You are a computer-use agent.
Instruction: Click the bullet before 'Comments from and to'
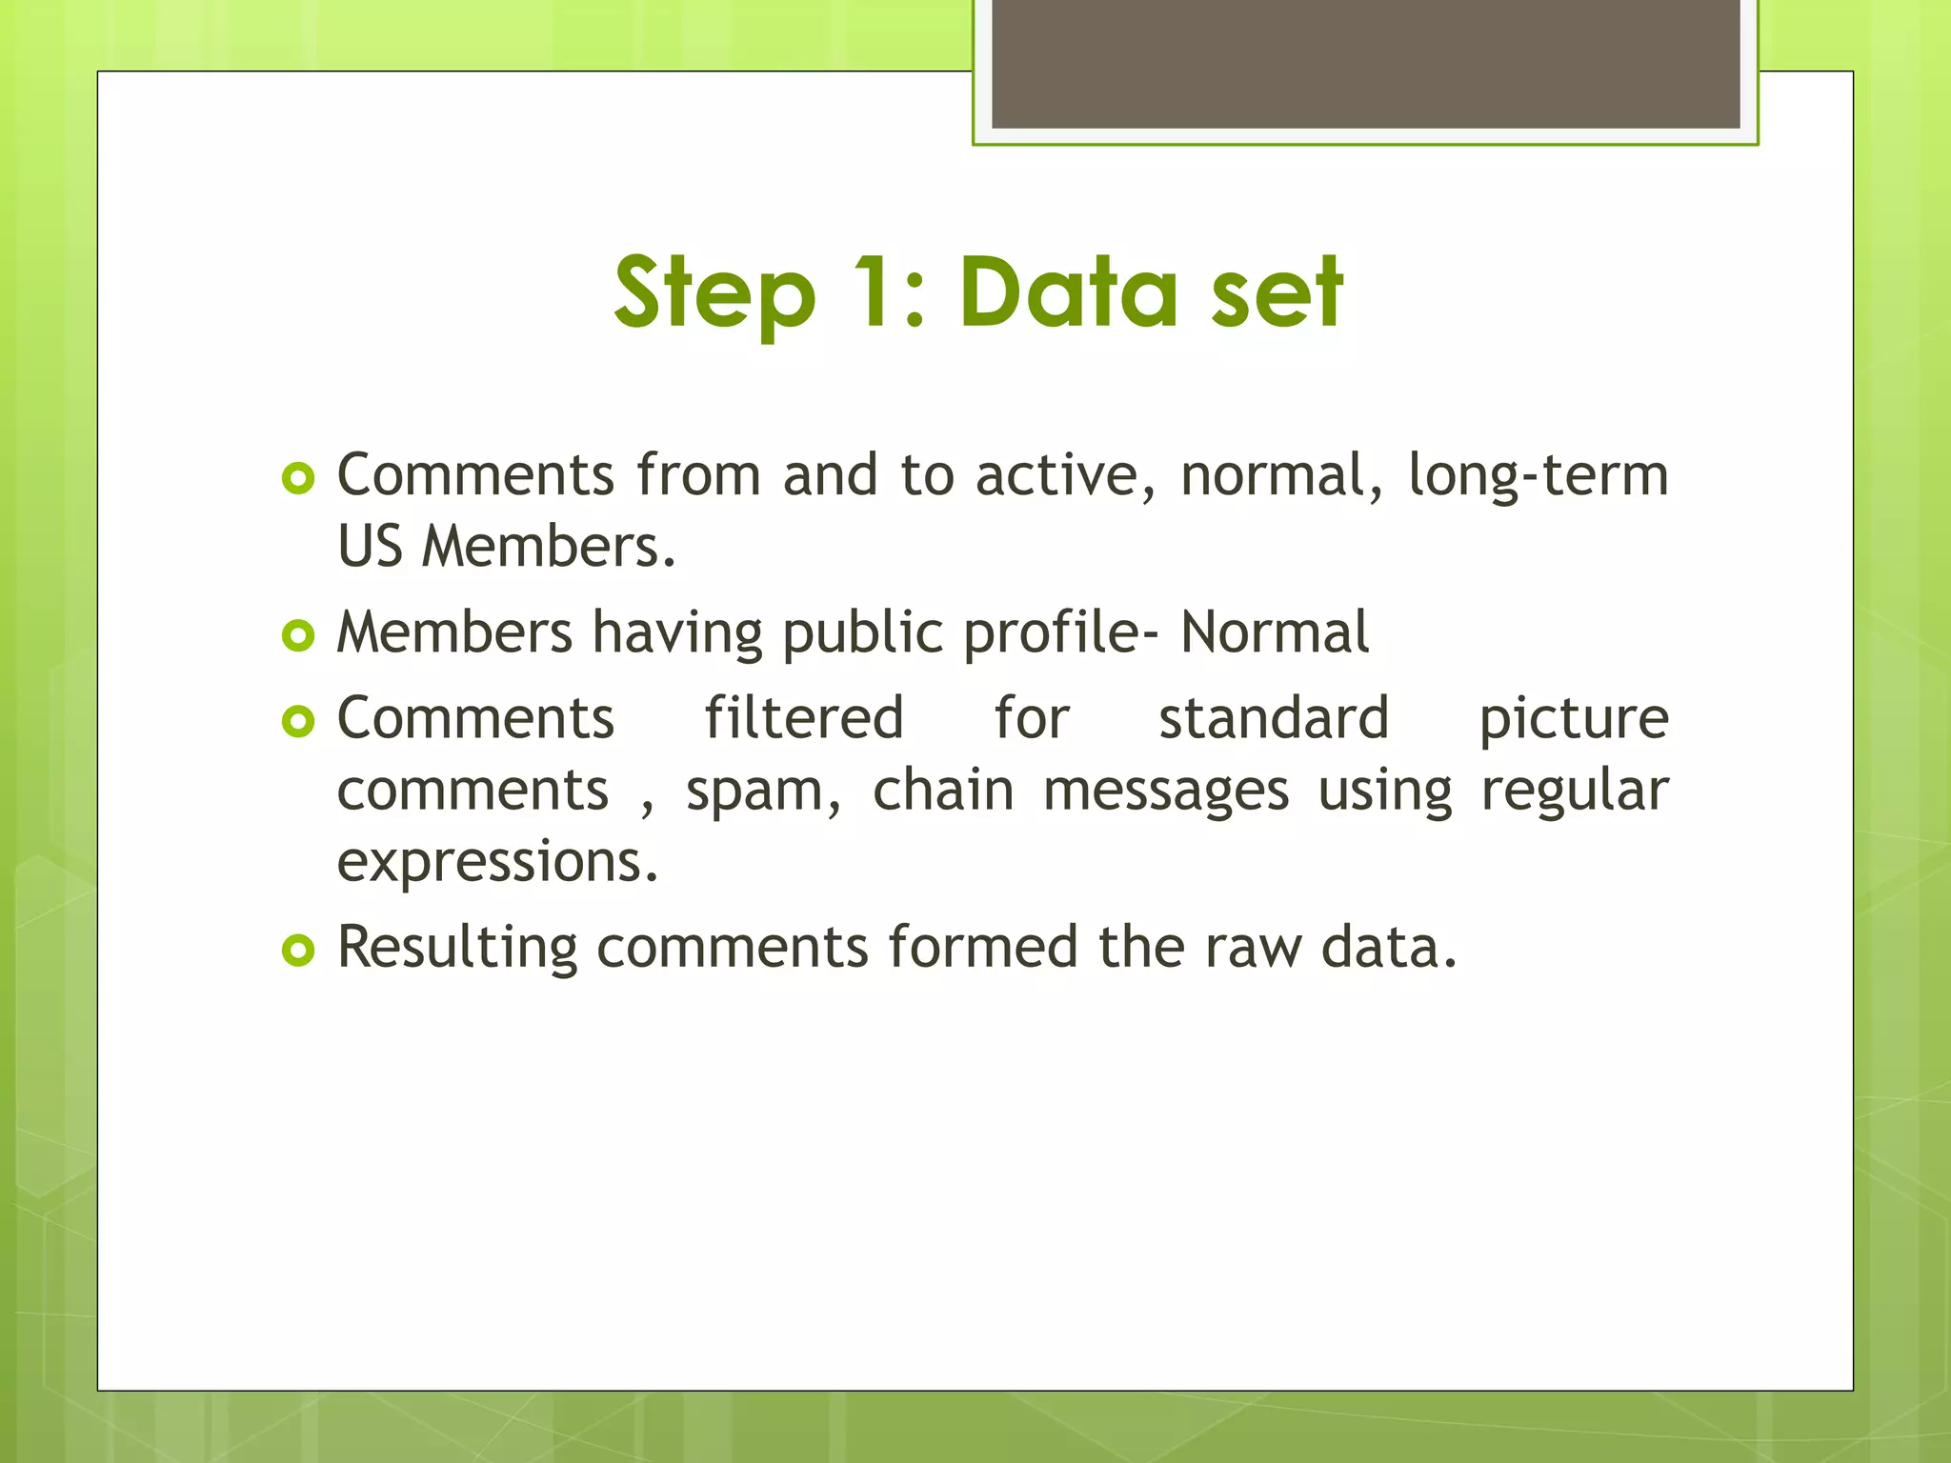click(x=298, y=478)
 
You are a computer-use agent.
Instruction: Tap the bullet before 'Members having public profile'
click(x=298, y=635)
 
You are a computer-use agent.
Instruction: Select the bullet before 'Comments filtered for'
click(x=298, y=721)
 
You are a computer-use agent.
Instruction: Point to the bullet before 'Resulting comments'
click(x=298, y=950)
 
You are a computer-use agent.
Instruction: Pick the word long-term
click(x=1538, y=476)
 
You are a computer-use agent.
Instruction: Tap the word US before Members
click(x=371, y=547)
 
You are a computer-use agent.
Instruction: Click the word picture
click(x=1573, y=719)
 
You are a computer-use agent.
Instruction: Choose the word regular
click(x=1574, y=792)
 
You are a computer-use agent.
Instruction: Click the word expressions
click(x=497, y=862)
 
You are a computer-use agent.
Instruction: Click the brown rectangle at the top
click(x=1365, y=64)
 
